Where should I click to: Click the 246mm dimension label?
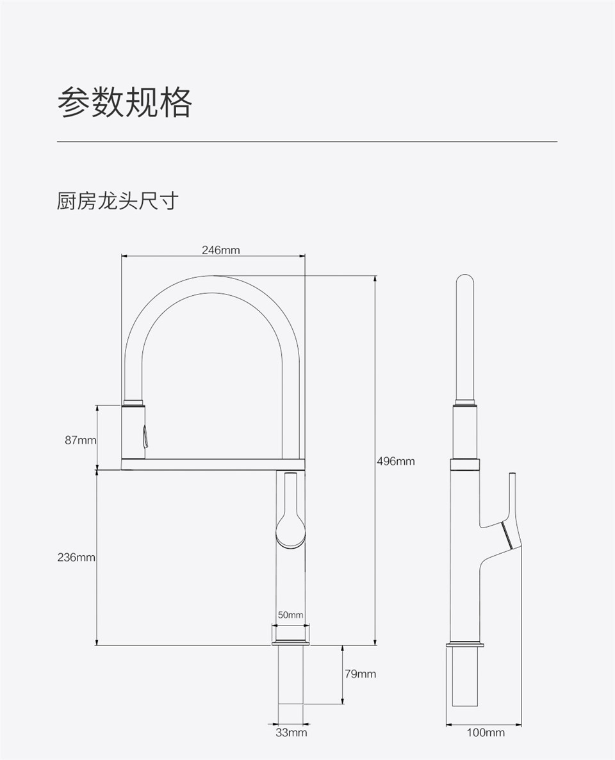(x=220, y=250)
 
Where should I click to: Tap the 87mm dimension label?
(x=81, y=440)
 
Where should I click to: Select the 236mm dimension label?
(x=76, y=558)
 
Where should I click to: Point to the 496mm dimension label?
(x=396, y=461)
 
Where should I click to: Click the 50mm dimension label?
(x=291, y=615)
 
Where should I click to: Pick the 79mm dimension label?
(x=361, y=674)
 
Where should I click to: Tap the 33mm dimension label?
(x=291, y=732)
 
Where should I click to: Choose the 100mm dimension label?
(x=486, y=732)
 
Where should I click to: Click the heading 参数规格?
(x=125, y=102)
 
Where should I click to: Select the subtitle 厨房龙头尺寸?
(x=118, y=200)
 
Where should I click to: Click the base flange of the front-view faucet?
(x=290, y=643)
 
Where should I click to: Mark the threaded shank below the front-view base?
(x=290, y=675)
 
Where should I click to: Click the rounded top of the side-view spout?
(x=465, y=282)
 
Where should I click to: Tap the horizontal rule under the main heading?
(x=307, y=142)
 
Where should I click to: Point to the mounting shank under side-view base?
(x=465, y=677)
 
